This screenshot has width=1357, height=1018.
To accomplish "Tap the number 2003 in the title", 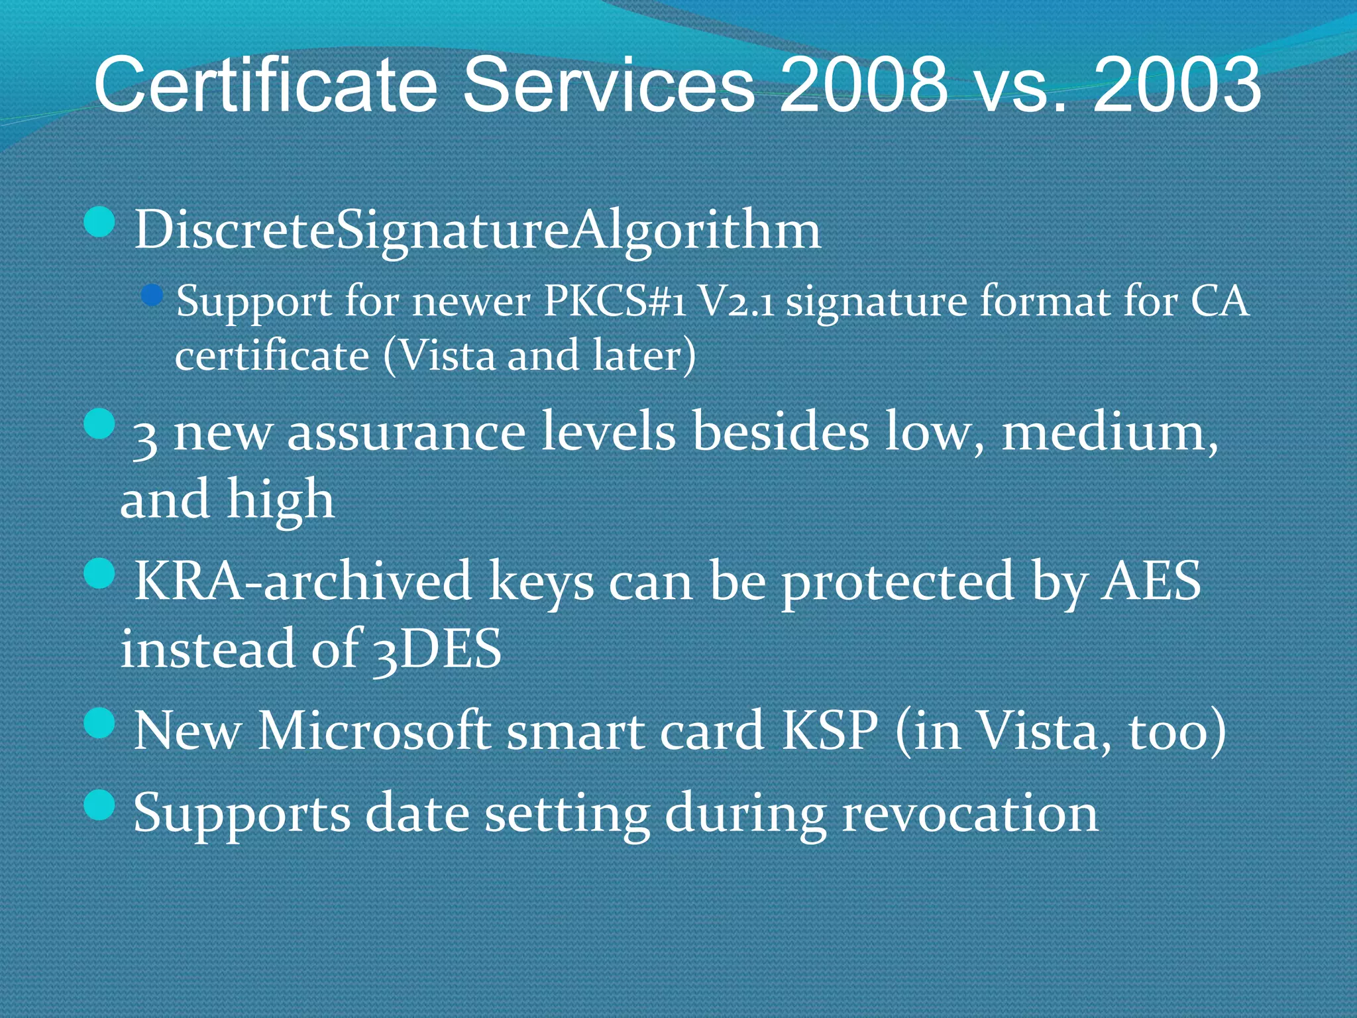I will (x=1177, y=85).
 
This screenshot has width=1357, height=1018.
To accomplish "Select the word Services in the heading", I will (x=608, y=85).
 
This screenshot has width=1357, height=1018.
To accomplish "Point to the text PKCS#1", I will (x=614, y=302).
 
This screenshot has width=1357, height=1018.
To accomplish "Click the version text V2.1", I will (x=737, y=302).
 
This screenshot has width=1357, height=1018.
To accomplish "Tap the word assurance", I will (x=406, y=432).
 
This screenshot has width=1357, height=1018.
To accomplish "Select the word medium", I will (x=1109, y=432).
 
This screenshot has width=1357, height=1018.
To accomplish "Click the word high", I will (x=280, y=500).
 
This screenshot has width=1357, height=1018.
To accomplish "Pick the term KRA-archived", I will (x=302, y=581).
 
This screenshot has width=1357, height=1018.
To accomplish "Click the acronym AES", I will (x=1150, y=581).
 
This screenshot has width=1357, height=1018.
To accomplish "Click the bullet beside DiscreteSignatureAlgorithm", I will (x=101, y=223).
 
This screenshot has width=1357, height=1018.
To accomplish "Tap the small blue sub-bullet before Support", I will (x=153, y=295).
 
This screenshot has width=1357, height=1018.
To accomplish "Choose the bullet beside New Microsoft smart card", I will (x=101, y=722).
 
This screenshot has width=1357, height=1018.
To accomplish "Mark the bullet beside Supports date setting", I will (x=101, y=805).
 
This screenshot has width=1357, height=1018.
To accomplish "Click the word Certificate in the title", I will (x=266, y=85).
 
